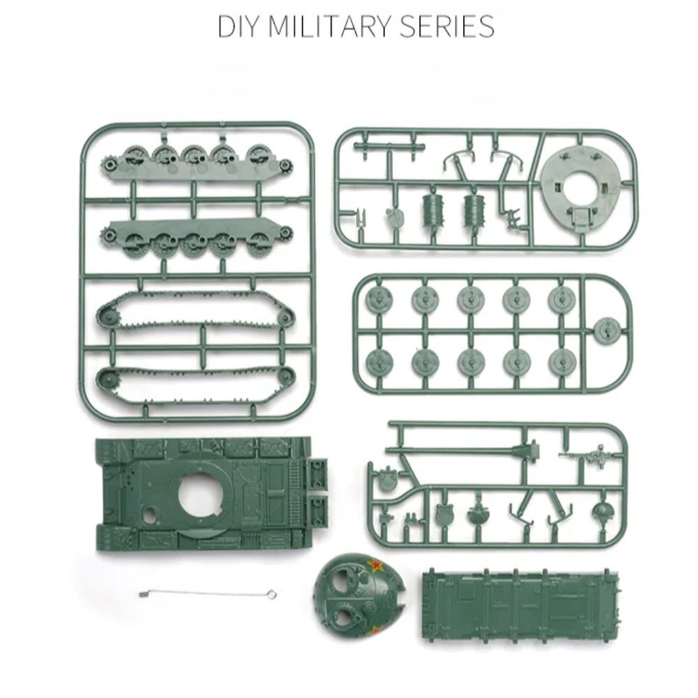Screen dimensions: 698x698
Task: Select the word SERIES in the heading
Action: [447, 27]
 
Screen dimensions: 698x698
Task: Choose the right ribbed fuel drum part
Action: [475, 207]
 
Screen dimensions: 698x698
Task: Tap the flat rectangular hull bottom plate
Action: [519, 601]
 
